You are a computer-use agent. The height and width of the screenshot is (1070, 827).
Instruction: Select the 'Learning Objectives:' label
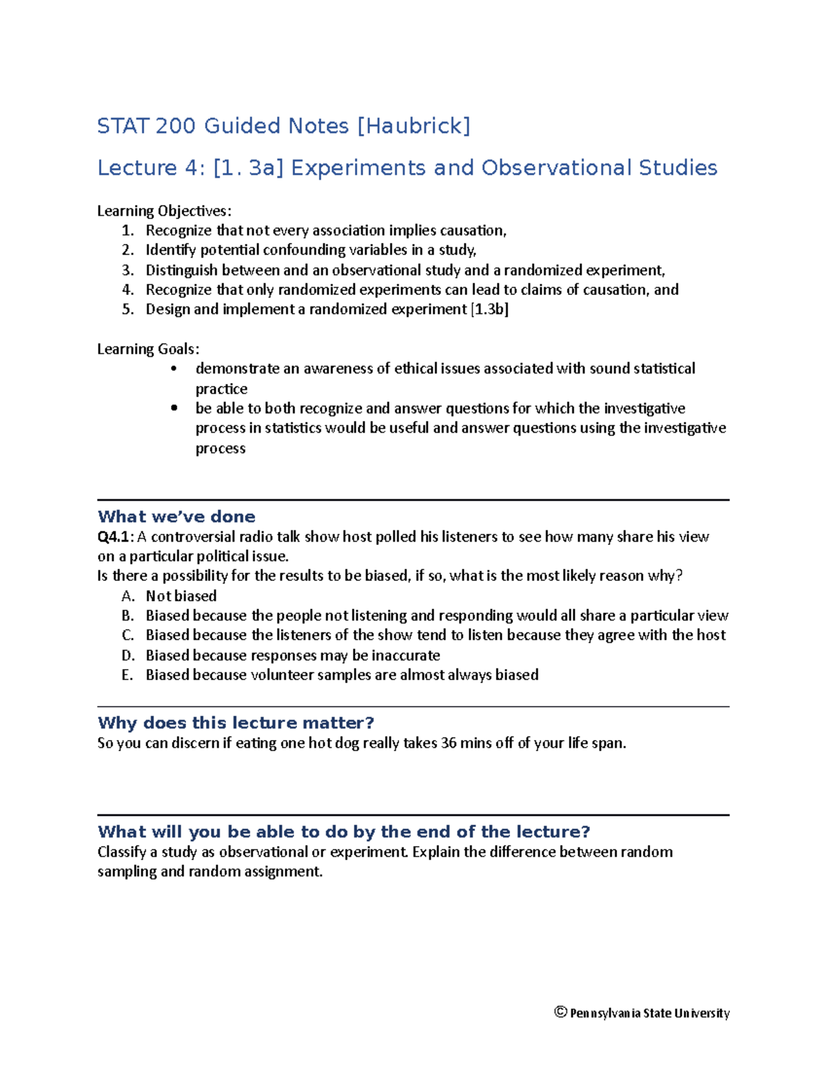coord(164,211)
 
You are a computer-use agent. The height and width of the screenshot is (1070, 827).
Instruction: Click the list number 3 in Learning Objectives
coord(127,270)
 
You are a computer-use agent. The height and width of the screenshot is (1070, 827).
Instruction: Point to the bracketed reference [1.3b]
coord(489,309)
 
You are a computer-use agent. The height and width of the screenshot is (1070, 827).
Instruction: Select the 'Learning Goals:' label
coord(148,349)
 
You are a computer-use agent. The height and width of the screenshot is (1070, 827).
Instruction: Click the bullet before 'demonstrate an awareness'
coord(174,369)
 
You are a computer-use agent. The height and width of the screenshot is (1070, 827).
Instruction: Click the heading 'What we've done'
coord(176,517)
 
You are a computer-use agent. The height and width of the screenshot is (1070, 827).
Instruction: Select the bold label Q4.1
coord(114,537)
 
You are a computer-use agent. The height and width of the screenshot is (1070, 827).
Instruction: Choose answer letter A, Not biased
coord(127,596)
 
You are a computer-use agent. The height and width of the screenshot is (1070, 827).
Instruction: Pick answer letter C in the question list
coord(127,635)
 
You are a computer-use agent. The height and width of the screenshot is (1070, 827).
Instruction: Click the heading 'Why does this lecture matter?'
coord(236,723)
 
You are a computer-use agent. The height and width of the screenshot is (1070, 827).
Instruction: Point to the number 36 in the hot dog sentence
coord(448,743)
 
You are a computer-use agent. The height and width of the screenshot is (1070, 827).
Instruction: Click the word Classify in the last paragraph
coord(121,852)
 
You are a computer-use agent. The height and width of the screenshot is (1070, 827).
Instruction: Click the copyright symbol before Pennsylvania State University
coord(560,1012)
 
